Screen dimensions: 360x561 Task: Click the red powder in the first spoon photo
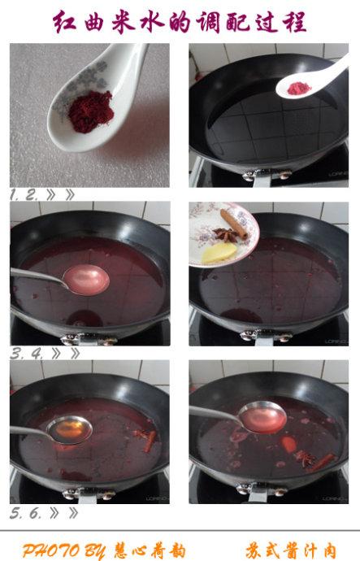(x=90, y=111)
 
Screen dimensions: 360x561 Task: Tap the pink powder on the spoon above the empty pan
(x=298, y=89)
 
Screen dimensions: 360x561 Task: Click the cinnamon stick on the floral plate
(x=233, y=224)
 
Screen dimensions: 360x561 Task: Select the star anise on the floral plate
(x=226, y=234)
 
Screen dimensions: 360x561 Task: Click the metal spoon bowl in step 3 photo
(x=86, y=280)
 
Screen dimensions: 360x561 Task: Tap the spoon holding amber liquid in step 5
(x=69, y=430)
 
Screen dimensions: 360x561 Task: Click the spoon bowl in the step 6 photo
(x=262, y=416)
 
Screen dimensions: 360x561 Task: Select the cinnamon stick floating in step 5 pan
(x=150, y=441)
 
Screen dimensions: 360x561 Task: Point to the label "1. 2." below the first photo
(x=24, y=195)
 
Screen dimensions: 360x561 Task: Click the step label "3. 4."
(x=26, y=354)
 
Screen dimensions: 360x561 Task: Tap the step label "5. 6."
(x=25, y=513)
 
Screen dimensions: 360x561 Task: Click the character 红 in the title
(x=65, y=22)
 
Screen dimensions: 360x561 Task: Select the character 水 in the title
(x=151, y=22)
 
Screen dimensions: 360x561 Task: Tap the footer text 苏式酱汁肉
(x=291, y=550)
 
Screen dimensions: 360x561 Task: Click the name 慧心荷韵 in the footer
(x=150, y=550)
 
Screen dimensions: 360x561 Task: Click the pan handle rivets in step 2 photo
(x=267, y=175)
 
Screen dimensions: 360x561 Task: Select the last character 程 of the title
(x=294, y=22)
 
